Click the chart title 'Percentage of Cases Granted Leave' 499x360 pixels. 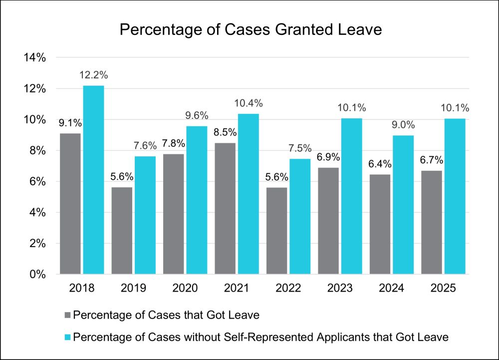click(251, 30)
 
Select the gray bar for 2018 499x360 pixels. click(70, 204)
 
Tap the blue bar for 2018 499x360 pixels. click(93, 180)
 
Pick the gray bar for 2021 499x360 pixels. click(225, 208)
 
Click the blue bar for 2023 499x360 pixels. click(351, 196)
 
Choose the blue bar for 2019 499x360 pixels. click(145, 215)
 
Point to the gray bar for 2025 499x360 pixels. click(432, 222)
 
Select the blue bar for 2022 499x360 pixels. click(300, 216)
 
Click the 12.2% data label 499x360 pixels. click(93, 75)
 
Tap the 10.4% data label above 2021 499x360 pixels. click(249, 103)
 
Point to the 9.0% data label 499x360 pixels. click(403, 125)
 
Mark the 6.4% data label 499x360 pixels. click(380, 164)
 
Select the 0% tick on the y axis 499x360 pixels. click(37, 275)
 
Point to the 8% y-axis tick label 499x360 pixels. click(37, 151)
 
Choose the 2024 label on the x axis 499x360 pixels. click(392, 289)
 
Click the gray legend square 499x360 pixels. click(68, 315)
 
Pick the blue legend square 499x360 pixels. click(68, 337)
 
